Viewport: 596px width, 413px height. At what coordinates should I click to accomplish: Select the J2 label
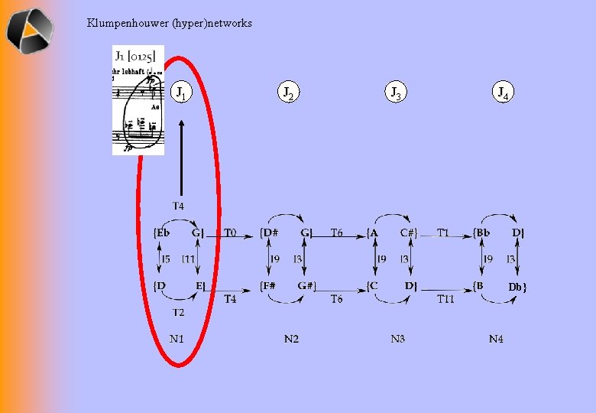pyautogui.click(x=288, y=93)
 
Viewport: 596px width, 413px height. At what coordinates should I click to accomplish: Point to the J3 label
pyautogui.click(x=395, y=93)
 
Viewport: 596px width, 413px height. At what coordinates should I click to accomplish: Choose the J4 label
pyautogui.click(x=502, y=93)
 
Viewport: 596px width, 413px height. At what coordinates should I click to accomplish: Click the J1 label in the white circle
pyautogui.click(x=181, y=93)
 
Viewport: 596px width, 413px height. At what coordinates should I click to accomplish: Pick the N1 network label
pyautogui.click(x=177, y=339)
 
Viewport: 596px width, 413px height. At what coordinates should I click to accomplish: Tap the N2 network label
pyautogui.click(x=291, y=339)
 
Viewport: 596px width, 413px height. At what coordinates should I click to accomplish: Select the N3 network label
pyautogui.click(x=397, y=339)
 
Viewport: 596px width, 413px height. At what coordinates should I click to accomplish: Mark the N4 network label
pyautogui.click(x=497, y=339)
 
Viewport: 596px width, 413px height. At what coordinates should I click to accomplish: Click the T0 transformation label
pyautogui.click(x=230, y=233)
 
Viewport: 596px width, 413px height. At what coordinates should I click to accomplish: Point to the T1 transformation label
pyautogui.click(x=443, y=233)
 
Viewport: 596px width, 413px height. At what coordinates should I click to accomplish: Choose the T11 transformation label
pyautogui.click(x=445, y=299)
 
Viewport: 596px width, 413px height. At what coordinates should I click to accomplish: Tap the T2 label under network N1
pyautogui.click(x=177, y=312)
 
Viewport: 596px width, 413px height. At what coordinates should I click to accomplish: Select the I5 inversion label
pyautogui.click(x=166, y=260)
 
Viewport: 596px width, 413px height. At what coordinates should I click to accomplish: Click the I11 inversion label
pyautogui.click(x=189, y=260)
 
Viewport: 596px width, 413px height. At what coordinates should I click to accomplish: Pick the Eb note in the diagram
pyautogui.click(x=163, y=233)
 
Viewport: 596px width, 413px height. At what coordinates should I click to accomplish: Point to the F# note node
pyautogui.click(x=269, y=286)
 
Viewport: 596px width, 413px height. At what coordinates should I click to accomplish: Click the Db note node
pyautogui.click(x=518, y=287)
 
